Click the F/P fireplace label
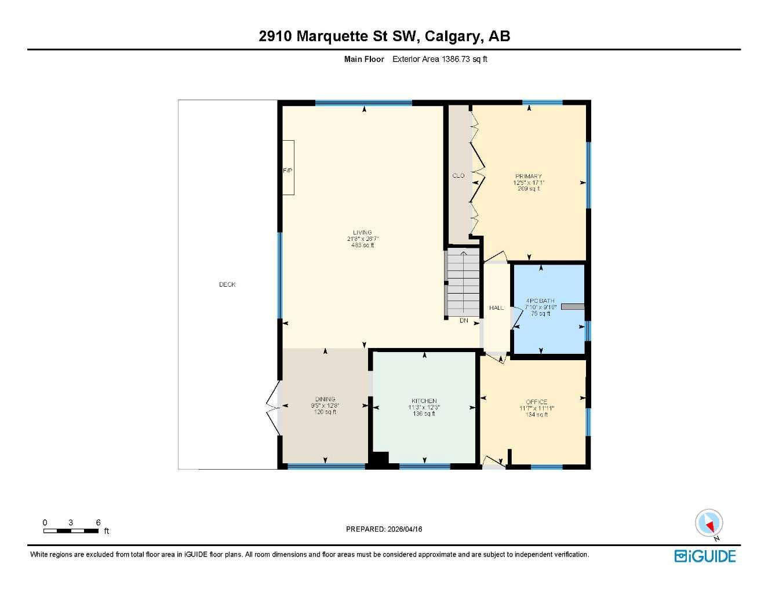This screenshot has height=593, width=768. coord(287,171)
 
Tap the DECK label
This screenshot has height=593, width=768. coord(227,284)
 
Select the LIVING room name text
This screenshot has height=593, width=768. coord(362,233)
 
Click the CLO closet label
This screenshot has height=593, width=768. coord(458,175)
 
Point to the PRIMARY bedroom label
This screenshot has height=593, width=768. coord(529,176)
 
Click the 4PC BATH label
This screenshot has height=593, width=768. coord(540,301)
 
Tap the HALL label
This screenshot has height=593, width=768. coord(496,308)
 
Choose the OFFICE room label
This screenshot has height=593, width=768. coord(537,402)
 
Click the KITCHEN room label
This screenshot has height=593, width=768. coord(424,401)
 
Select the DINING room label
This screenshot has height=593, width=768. coord(325,399)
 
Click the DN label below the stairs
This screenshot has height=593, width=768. coord(464,320)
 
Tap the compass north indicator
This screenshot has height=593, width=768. coord(709,524)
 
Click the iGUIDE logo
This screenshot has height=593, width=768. coord(705,557)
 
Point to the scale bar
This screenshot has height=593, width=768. coord(71,530)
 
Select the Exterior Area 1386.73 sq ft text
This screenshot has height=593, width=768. coord(439,59)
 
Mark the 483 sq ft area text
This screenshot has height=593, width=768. coord(363,245)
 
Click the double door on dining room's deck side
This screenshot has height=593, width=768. coord(272,408)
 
